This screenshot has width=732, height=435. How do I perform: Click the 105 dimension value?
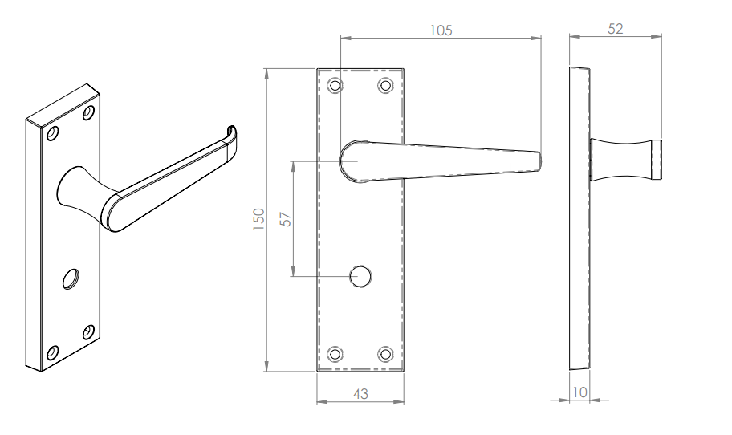(x=441, y=30)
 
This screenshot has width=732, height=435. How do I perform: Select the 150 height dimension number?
(x=258, y=219)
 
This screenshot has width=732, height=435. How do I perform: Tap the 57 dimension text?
(x=285, y=219)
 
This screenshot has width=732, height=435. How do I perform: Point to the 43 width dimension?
(x=360, y=394)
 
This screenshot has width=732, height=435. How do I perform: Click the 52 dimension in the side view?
(x=616, y=29)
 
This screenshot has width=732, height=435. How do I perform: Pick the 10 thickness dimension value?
(x=579, y=392)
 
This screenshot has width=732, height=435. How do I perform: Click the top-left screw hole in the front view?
(x=335, y=85)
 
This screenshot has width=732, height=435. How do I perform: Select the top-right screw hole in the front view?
(x=385, y=85)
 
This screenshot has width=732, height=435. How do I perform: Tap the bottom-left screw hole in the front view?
(x=335, y=354)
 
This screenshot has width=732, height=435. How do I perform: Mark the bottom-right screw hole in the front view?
(x=385, y=354)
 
